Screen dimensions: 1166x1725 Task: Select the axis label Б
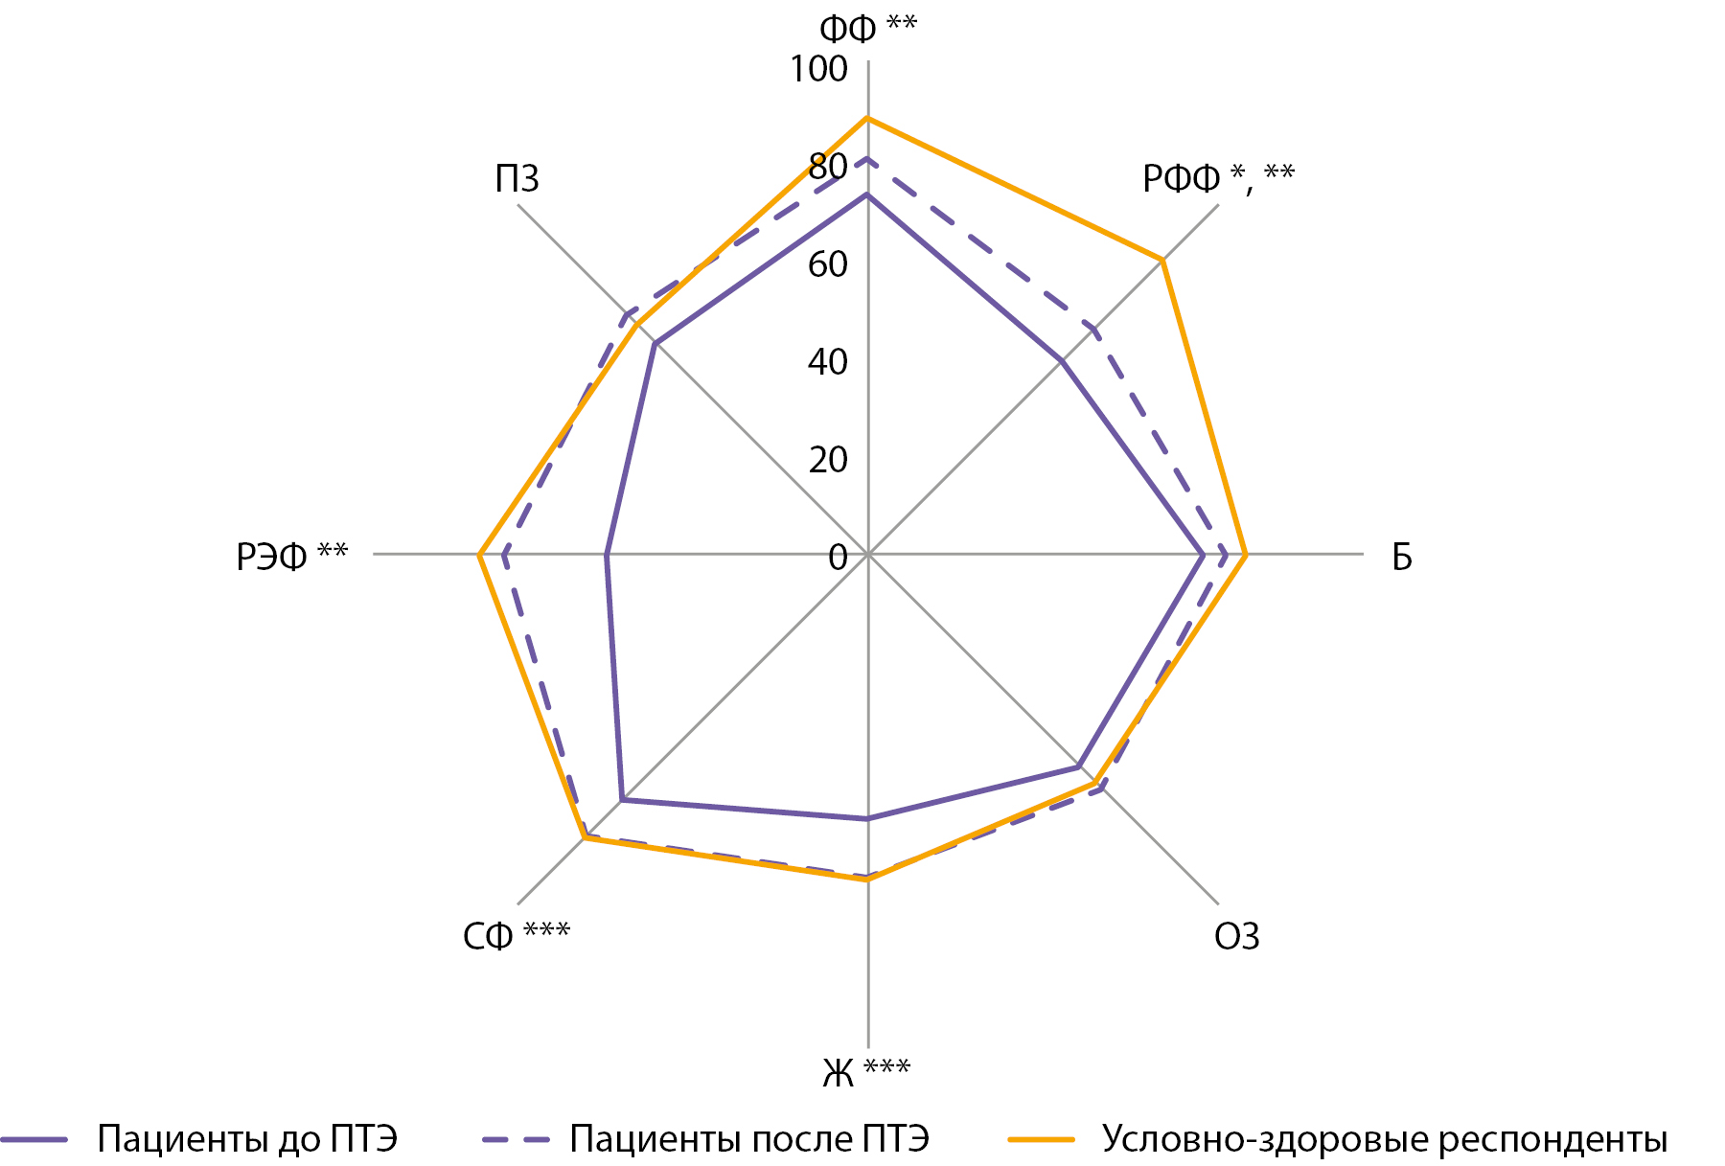(1401, 556)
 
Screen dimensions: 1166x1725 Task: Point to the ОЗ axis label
(1236, 936)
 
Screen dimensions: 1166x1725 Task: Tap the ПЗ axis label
(517, 179)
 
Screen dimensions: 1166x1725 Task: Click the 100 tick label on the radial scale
(818, 69)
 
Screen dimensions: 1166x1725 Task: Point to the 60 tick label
(828, 264)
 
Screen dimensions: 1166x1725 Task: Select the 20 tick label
(828, 460)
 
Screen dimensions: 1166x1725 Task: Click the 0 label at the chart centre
(839, 557)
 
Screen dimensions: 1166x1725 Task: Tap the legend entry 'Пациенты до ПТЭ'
(247, 1139)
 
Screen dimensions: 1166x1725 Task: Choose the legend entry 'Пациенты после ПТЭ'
(748, 1139)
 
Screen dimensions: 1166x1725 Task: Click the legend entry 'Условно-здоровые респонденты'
(1384, 1139)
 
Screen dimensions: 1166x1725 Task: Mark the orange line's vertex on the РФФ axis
(1161, 260)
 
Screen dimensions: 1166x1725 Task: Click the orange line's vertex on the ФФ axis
(868, 118)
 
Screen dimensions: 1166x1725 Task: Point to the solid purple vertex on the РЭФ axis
(607, 554)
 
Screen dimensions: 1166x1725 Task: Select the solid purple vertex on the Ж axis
(868, 819)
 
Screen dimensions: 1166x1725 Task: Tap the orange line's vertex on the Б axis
(1244, 554)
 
